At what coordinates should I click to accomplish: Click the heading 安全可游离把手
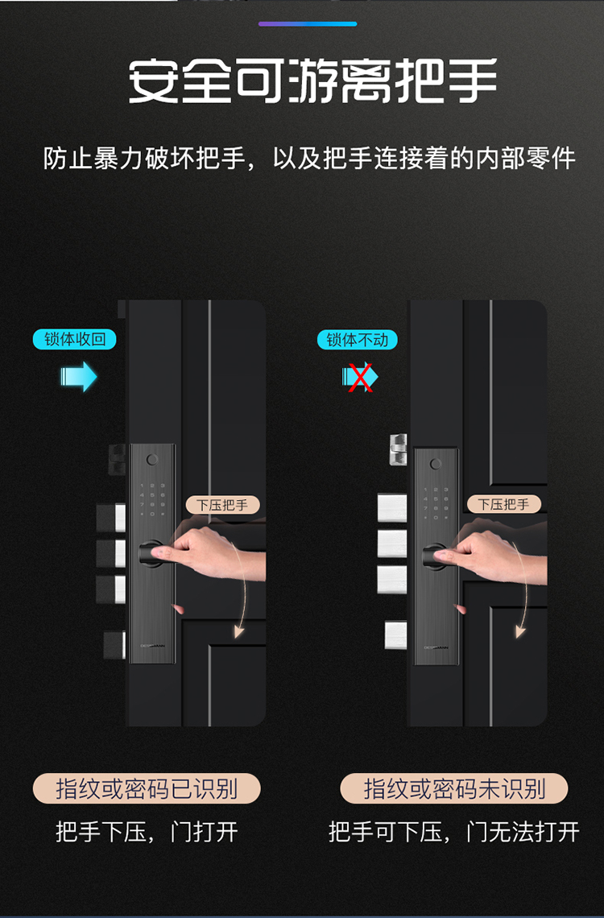312,81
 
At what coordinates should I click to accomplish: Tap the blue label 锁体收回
75,340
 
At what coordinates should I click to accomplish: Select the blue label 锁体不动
357,340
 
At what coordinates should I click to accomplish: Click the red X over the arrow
360,376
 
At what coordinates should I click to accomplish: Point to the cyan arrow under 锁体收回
79,376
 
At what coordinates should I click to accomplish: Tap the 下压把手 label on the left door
222,505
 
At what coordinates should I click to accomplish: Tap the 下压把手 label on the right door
503,504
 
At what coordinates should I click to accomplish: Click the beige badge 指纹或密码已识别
147,788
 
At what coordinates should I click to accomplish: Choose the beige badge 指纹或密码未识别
454,788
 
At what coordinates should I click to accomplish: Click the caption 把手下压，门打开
147,831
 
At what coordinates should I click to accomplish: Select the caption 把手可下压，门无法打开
454,831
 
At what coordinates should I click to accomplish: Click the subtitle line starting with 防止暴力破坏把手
309,159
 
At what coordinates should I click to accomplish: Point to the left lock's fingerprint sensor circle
152,460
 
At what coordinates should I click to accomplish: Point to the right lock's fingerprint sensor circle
436,465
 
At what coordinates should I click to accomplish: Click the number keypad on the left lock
152,499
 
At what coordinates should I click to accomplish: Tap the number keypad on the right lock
436,503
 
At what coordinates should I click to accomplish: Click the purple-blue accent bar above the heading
308,24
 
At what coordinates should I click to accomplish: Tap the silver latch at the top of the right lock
398,449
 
